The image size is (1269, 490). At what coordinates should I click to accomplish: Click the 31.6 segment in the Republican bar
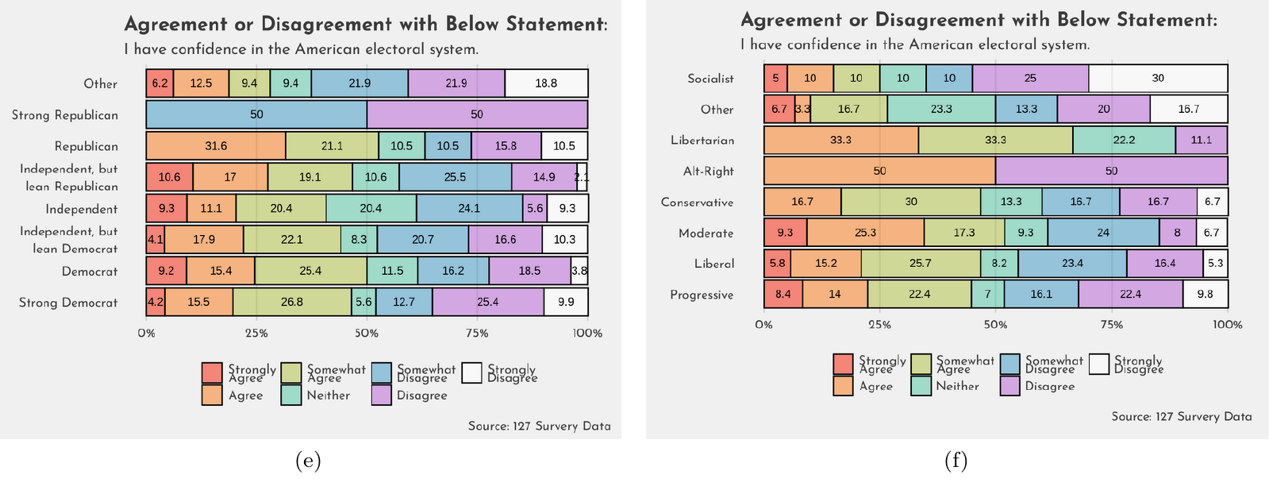click(216, 146)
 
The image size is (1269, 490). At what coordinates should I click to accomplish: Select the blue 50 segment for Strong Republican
click(256, 114)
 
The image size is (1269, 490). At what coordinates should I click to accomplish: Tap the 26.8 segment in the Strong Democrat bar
click(292, 302)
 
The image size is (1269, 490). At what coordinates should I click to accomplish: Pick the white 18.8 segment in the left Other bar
click(546, 83)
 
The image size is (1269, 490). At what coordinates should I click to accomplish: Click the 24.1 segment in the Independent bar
click(469, 209)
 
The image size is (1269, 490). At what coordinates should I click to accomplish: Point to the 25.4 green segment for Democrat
click(310, 271)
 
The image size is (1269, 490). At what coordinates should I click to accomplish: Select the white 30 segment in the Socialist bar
click(1158, 79)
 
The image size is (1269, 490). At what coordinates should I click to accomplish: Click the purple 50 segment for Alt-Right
click(1111, 171)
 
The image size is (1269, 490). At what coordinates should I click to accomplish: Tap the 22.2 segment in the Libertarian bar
click(1124, 141)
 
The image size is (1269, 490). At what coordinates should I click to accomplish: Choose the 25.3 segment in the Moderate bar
click(865, 233)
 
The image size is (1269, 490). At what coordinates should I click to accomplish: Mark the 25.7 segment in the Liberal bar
click(921, 264)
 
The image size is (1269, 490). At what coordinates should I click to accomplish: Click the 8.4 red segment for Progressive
click(783, 295)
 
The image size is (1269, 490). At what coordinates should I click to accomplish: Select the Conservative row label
click(697, 203)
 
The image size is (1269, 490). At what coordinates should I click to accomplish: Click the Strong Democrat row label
click(68, 303)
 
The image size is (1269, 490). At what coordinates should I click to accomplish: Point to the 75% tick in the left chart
click(477, 334)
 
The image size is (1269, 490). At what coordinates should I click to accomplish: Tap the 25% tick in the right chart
click(879, 325)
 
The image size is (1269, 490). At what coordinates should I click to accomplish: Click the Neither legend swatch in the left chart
click(291, 395)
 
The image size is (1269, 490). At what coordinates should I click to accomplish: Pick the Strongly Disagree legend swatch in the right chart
click(1099, 365)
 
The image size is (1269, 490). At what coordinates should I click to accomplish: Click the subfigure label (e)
click(308, 461)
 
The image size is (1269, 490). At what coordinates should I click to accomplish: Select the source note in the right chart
click(1181, 417)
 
